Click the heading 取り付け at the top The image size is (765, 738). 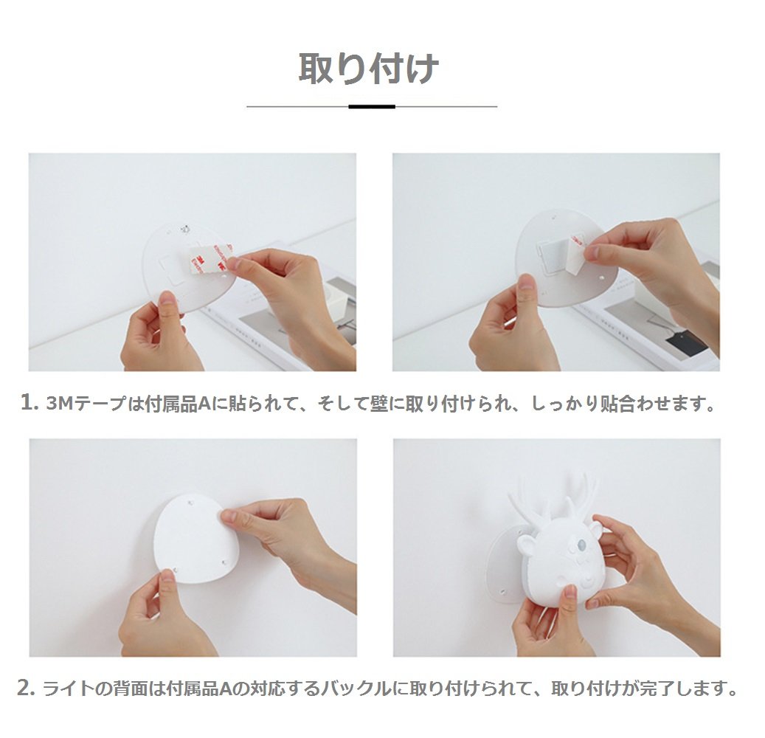(368, 69)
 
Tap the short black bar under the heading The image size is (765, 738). (372, 106)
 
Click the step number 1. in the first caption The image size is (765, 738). (30, 403)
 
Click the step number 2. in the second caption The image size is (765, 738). (27, 689)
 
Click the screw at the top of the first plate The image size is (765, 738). (185, 228)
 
